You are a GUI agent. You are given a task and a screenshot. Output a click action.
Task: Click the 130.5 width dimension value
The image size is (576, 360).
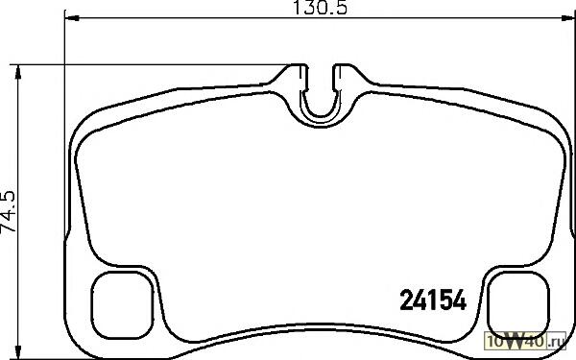[320, 8]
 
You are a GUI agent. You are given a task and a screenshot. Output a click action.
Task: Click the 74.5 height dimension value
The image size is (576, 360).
[8, 211]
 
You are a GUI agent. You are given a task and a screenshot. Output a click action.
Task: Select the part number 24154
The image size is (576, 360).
[433, 300]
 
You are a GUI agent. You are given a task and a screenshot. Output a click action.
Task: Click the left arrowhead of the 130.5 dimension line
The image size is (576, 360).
[72, 17]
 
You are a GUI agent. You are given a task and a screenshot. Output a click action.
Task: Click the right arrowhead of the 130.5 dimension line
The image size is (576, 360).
[568, 17]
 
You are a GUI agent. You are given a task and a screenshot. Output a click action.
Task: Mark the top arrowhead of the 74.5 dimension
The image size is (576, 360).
[17, 72]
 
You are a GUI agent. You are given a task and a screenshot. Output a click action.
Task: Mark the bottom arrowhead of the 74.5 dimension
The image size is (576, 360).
[17, 352]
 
